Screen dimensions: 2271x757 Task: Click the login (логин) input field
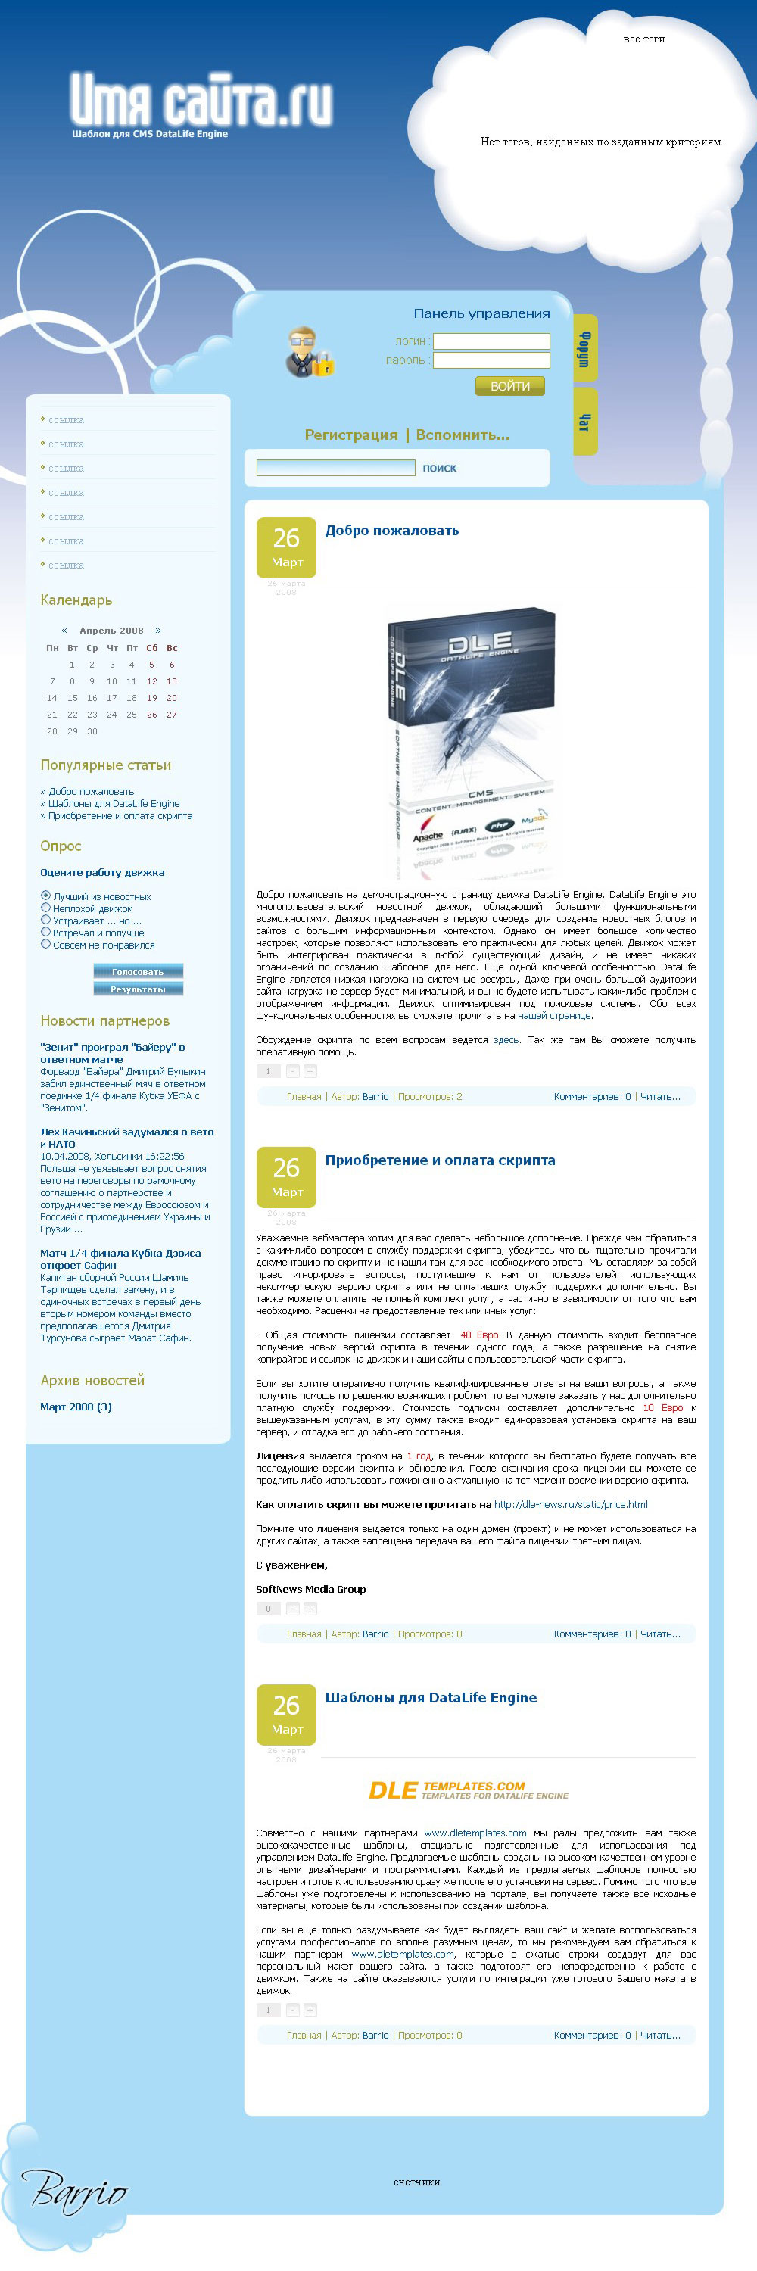491,341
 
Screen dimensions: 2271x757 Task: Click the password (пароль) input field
491,360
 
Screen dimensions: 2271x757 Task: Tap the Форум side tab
584,348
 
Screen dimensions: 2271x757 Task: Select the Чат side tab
584,422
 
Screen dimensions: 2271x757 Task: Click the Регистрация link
350,435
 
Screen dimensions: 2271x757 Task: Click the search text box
335,468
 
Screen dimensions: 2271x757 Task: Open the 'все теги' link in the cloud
643,39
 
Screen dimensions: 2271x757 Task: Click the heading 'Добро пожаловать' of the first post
391,531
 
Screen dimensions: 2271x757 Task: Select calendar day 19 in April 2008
151,697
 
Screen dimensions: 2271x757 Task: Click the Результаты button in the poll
138,989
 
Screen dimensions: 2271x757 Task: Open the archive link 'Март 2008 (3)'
76,1407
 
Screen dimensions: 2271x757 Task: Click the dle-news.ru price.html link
570,1504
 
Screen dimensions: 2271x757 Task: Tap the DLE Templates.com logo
468,1790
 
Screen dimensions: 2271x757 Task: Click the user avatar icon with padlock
308,352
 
